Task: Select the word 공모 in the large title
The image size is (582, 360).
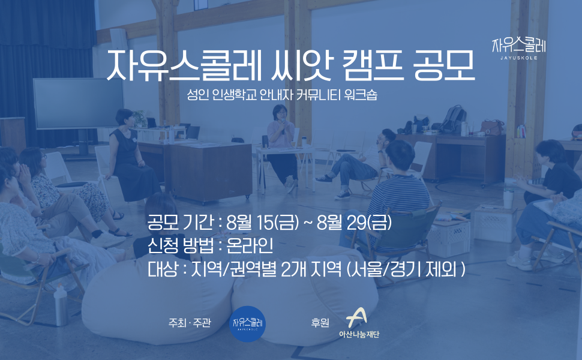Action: tap(444, 65)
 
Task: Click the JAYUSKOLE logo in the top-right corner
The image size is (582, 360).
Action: tap(519, 48)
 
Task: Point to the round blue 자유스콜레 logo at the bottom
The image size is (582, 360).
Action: tap(248, 323)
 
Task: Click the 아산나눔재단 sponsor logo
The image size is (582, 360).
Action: tap(359, 323)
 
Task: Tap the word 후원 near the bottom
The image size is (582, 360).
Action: tap(320, 323)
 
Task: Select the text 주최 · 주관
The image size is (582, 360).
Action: tap(190, 323)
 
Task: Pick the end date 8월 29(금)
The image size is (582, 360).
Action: tap(355, 223)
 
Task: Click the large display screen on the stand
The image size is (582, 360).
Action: tap(79, 104)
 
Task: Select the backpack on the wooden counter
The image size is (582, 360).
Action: tap(453, 119)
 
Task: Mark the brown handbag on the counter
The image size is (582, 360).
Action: tap(493, 127)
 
